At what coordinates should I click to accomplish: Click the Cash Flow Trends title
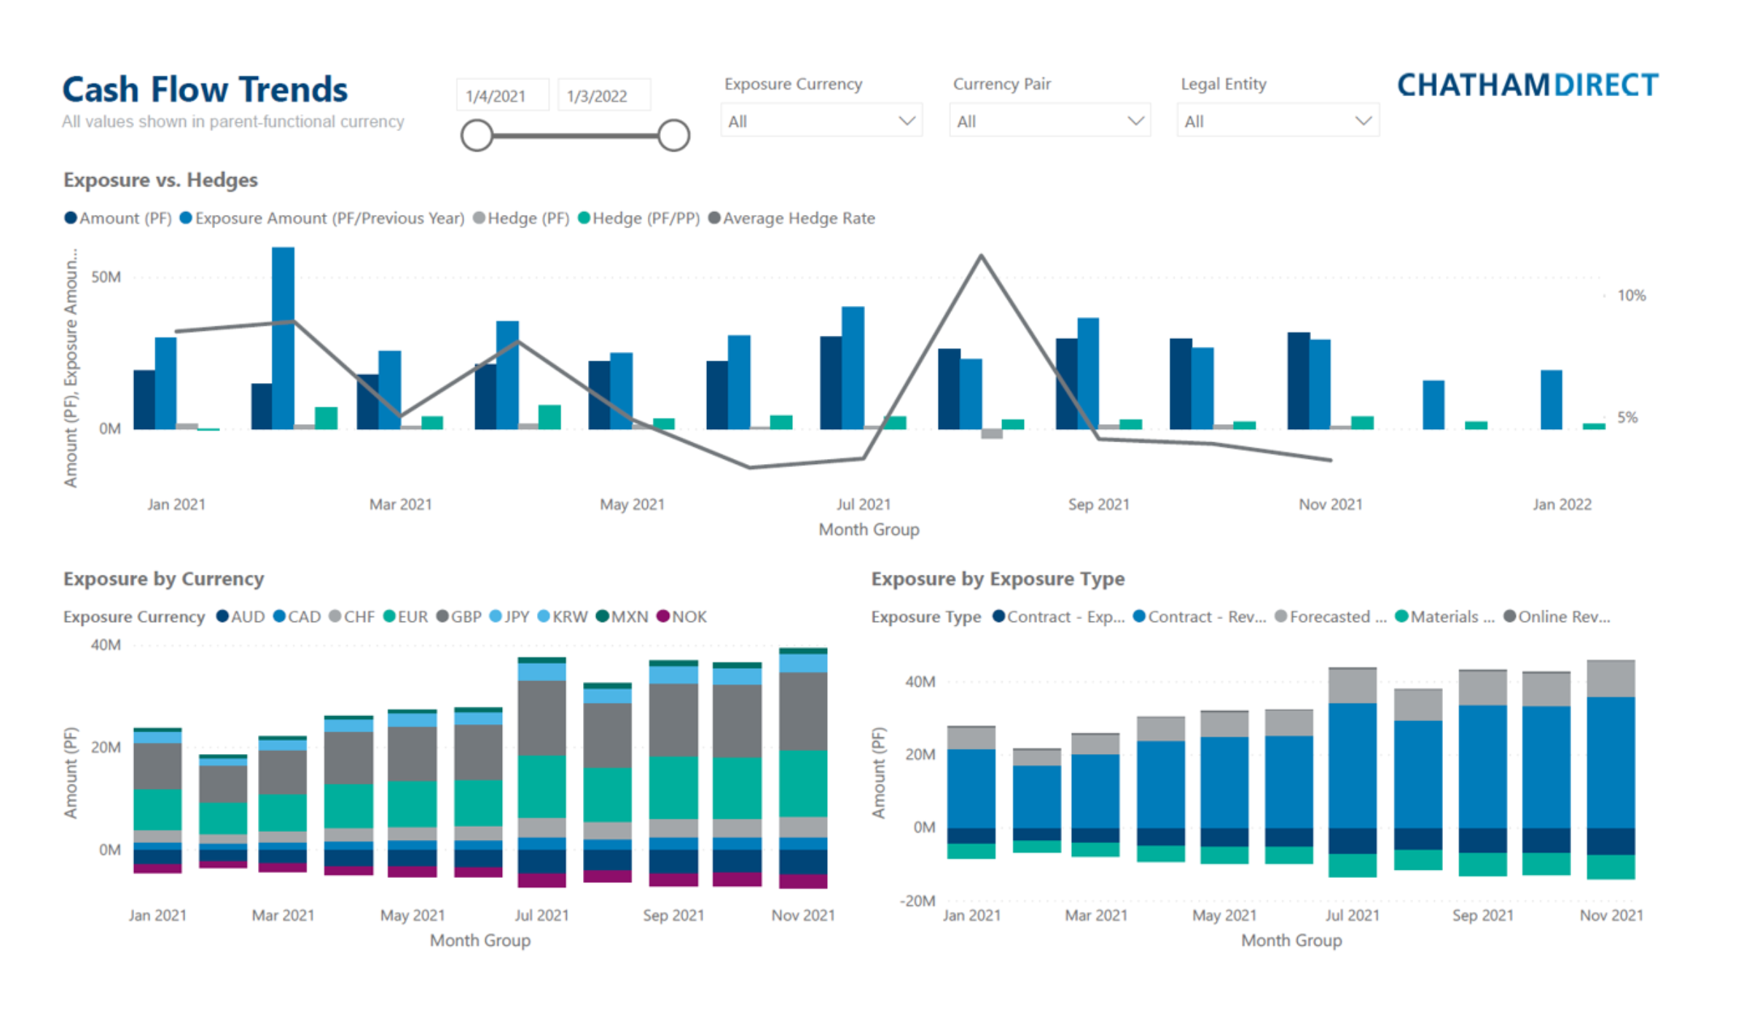205,90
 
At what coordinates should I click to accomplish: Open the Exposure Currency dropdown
821,121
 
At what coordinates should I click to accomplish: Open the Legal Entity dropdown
1277,121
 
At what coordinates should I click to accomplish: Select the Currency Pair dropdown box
1049,121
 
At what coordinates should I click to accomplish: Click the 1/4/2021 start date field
503,96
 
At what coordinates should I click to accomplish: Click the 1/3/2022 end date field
603,96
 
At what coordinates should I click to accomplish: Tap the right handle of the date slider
673,136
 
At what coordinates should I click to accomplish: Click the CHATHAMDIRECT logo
1527,86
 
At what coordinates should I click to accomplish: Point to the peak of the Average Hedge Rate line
981,256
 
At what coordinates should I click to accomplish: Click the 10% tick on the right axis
1631,296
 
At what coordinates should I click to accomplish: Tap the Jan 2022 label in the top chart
1562,504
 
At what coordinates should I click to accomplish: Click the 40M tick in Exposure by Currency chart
106,645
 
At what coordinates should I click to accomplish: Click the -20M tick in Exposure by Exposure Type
917,900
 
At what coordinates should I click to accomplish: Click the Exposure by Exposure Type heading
998,579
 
